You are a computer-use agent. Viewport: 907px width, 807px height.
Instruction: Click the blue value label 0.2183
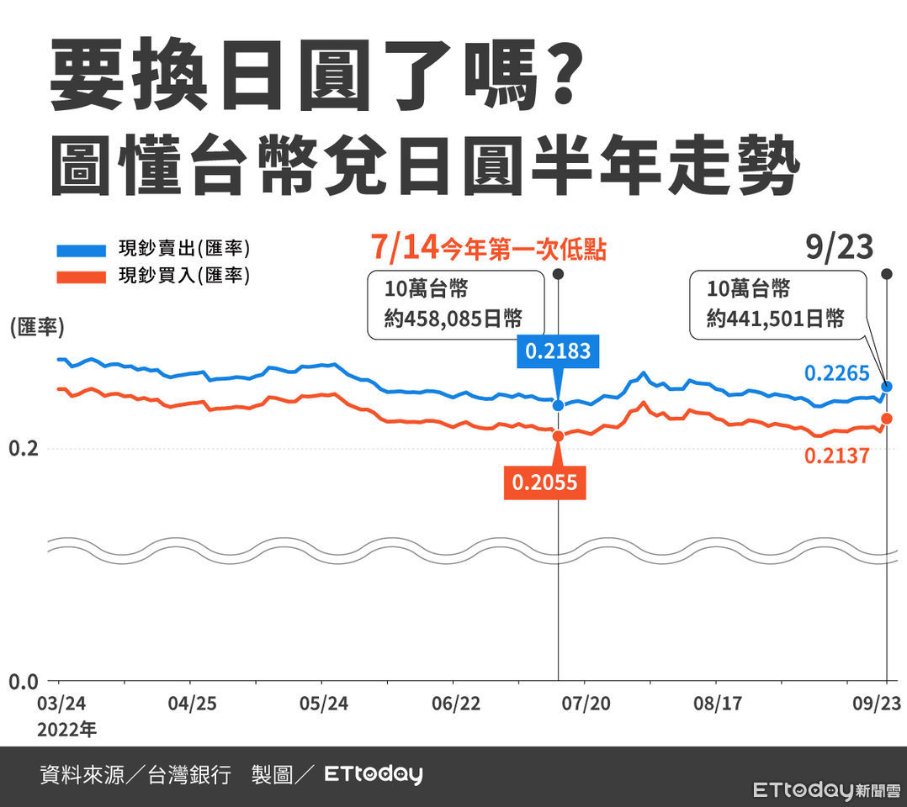click(558, 351)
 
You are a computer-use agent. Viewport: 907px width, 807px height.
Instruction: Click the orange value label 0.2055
click(545, 483)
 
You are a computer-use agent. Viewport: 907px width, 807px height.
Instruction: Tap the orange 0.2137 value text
click(836, 456)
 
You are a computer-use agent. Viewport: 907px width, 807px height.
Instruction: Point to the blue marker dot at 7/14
click(559, 405)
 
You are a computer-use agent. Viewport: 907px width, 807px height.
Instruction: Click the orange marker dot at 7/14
click(559, 435)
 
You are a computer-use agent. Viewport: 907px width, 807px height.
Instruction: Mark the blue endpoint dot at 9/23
click(886, 388)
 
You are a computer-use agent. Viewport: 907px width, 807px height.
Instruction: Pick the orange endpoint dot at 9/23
click(886, 419)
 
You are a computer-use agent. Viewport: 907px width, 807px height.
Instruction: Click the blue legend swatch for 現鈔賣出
click(81, 251)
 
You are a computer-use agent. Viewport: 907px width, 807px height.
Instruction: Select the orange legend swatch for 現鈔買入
click(81, 277)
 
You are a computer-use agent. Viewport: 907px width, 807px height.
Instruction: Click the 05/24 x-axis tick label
click(324, 703)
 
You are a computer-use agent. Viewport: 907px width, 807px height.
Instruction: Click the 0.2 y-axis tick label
click(23, 449)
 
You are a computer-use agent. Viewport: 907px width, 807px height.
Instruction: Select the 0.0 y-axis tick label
click(23, 682)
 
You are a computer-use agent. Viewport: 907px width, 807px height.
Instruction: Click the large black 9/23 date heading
click(838, 248)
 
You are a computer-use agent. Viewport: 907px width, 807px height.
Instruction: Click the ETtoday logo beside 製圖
click(374, 774)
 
